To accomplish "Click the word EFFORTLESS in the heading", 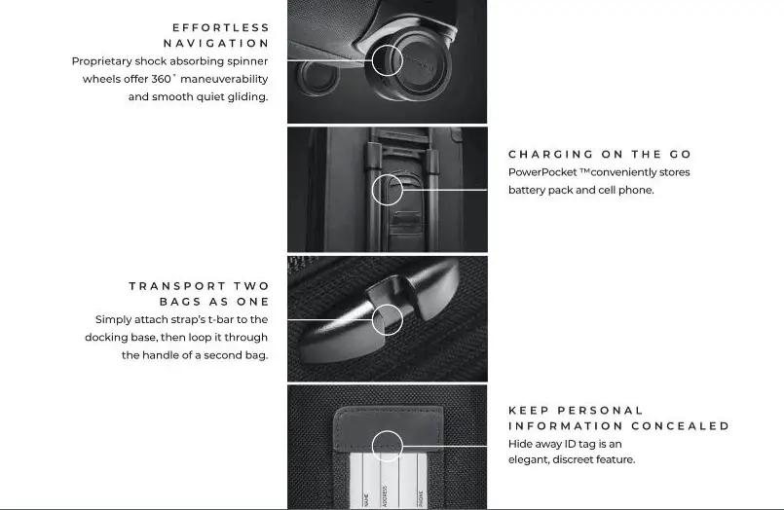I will click(220, 27).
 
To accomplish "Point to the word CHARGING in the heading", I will click(550, 155).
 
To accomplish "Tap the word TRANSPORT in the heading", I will click(179, 286).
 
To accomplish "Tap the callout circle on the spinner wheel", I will click(387, 60).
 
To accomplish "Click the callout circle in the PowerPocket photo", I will click(387, 189).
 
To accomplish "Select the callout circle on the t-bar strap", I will click(387, 319).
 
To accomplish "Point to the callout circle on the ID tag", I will click(387, 446).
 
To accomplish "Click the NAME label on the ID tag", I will click(365, 499).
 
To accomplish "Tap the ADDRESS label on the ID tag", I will click(385, 496).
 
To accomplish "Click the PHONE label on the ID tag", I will click(420, 497).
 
